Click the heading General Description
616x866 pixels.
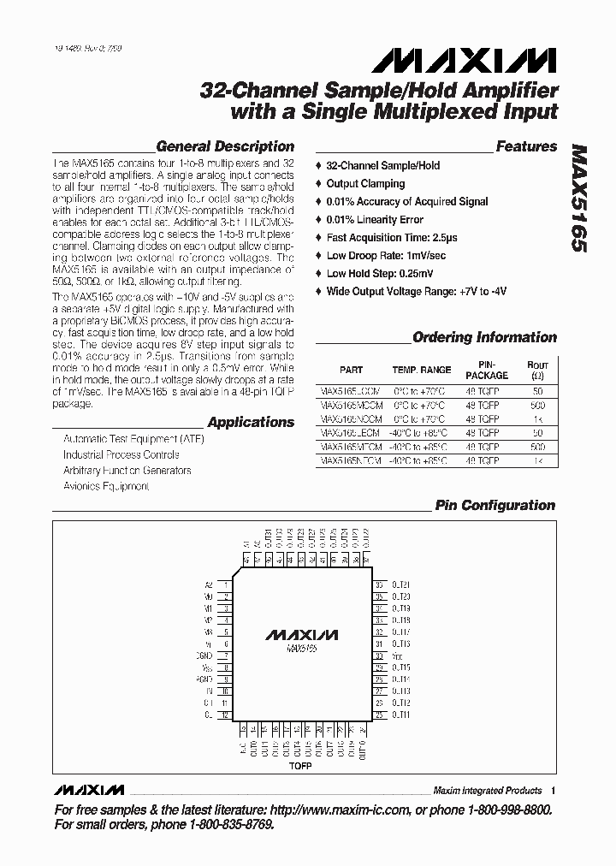coord(226,146)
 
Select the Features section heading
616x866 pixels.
coord(526,146)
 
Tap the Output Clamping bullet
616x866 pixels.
coord(365,183)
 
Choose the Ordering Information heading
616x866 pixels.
coord(484,337)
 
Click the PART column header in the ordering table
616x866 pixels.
coord(351,370)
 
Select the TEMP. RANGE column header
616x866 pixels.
coord(422,370)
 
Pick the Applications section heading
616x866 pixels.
coord(251,422)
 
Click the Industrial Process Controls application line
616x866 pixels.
coord(121,454)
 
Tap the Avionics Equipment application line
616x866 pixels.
coord(106,486)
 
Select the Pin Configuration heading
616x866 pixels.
coord(495,505)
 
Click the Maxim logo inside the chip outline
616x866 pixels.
coord(301,636)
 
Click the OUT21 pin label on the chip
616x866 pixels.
coord(401,584)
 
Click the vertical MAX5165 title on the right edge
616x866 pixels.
coord(579,198)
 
